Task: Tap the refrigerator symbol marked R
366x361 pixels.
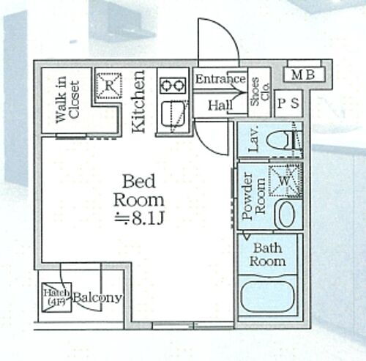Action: tap(108, 83)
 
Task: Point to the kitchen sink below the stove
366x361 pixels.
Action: tap(174, 115)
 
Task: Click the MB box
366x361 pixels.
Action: tap(303, 74)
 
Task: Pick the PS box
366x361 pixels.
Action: tap(287, 103)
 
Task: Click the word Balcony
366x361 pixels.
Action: tap(97, 299)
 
